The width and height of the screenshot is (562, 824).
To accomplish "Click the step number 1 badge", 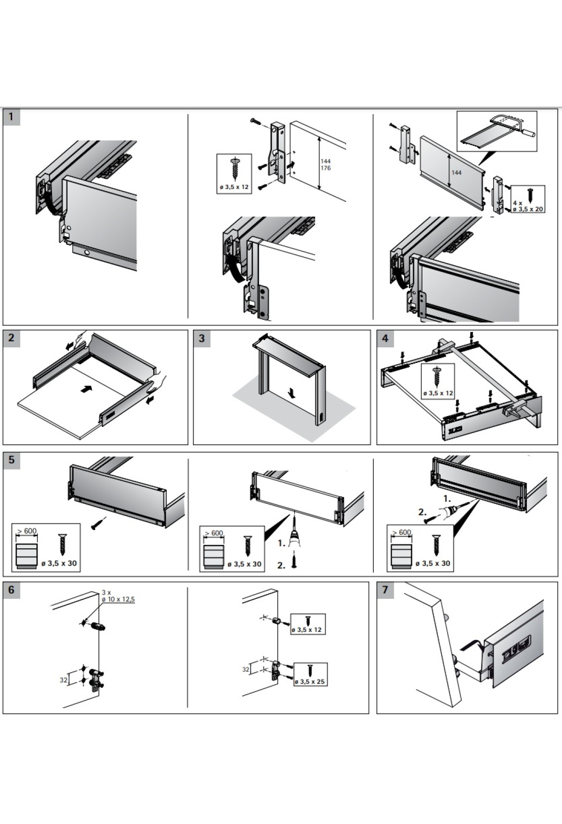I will click(12, 117).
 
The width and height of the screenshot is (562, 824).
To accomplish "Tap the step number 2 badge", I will click(12, 338).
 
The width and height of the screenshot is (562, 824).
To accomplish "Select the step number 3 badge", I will click(202, 338).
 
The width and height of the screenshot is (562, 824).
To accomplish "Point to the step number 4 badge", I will click(385, 338).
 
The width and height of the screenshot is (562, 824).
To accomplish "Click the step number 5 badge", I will click(12, 460).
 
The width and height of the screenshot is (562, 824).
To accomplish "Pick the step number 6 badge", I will click(12, 590).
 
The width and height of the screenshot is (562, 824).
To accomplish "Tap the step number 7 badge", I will click(385, 590).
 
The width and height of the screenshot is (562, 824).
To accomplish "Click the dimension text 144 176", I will click(325, 164).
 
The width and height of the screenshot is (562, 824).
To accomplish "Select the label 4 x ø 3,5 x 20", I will click(528, 206).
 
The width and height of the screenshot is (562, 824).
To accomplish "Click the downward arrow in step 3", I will click(292, 394).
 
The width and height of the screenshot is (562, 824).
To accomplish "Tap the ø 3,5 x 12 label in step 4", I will click(438, 393).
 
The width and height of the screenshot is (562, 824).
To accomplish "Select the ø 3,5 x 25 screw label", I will click(310, 682).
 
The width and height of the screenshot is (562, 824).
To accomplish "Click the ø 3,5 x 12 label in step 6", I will click(307, 630).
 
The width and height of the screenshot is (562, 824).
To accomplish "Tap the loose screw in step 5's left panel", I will click(99, 523).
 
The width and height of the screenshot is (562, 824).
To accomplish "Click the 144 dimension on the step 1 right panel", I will click(456, 172).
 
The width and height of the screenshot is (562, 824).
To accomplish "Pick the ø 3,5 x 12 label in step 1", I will click(234, 187).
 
